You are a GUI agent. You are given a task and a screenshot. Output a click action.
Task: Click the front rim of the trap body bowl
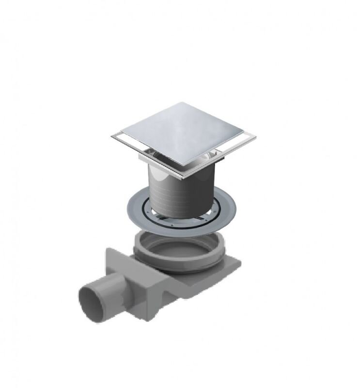coord(179,264)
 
